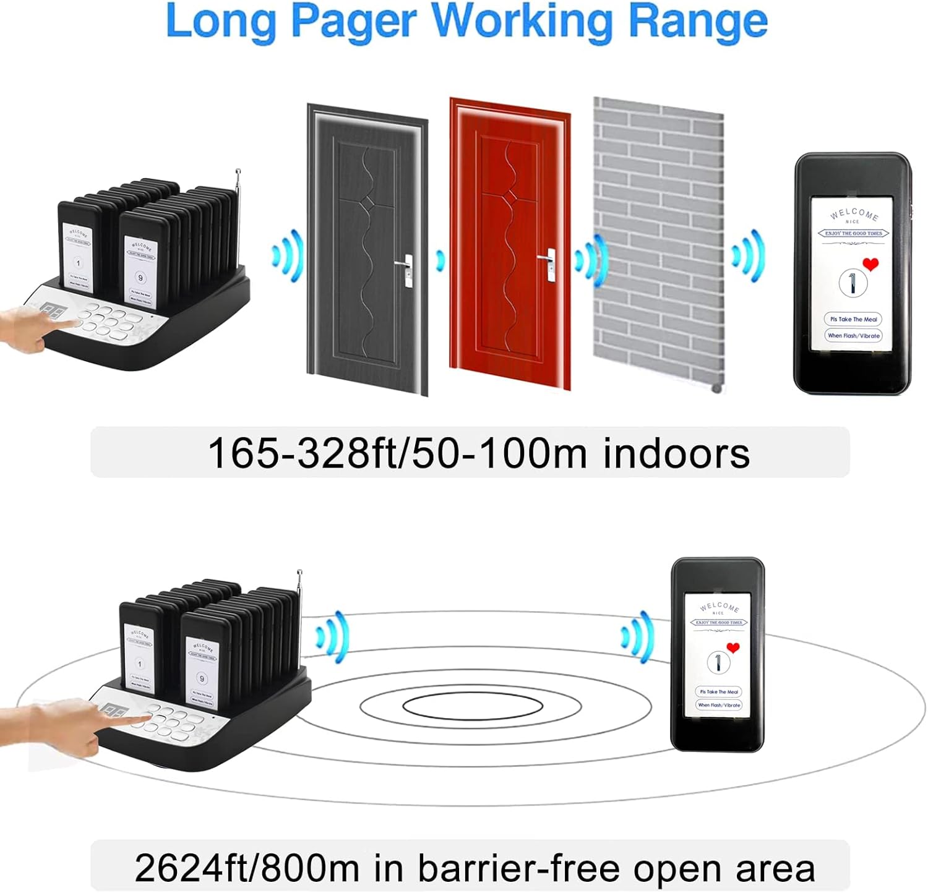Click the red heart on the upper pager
pos(871,265)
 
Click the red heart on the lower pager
pos(733,648)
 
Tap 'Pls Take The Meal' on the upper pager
pos(853,319)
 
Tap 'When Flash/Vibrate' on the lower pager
pos(718,705)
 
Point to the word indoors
pos(676,453)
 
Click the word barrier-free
pos(518,868)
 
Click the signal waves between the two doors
pos(440,260)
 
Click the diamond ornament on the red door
pos(511,196)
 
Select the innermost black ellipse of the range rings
pos(472,706)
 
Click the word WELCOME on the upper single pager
pos(854,214)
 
